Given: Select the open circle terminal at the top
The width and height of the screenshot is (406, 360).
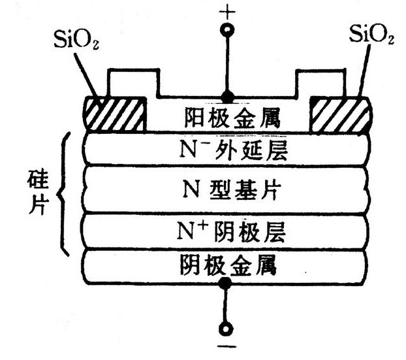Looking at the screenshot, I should click(226, 31).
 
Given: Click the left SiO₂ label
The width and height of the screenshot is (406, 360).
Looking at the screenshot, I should click(76, 39).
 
